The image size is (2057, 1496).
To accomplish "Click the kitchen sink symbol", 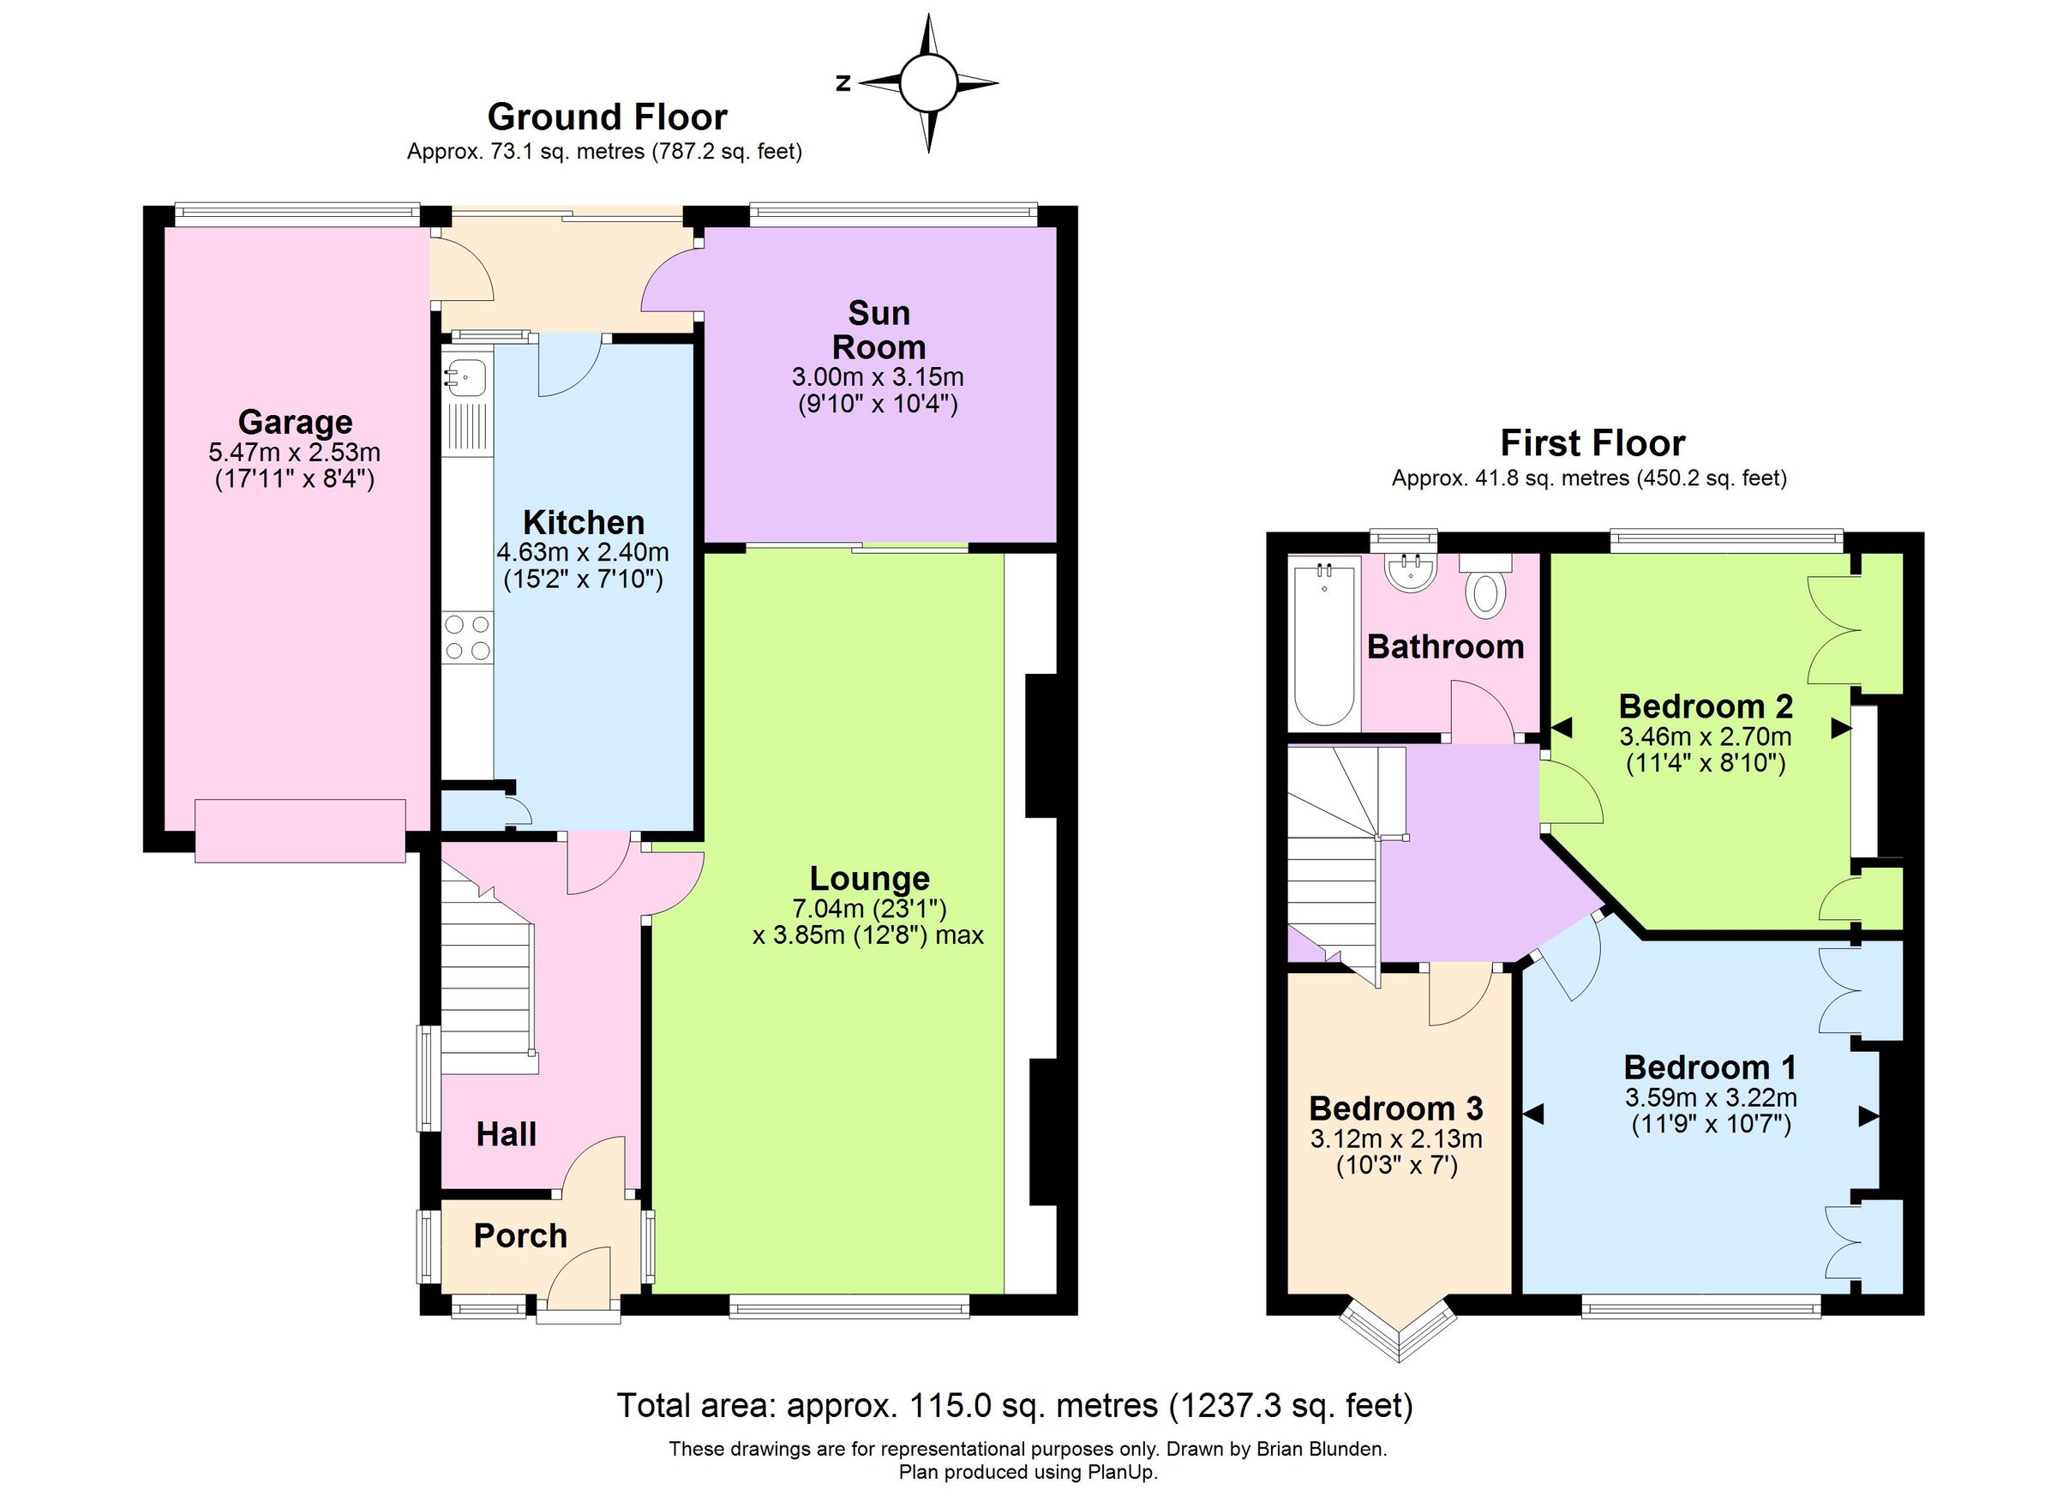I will [466, 375].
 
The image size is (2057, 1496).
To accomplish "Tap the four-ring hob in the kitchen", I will [467, 637].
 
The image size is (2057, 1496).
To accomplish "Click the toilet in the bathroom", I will [1485, 591].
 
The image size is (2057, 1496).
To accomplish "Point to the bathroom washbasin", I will [1411, 572].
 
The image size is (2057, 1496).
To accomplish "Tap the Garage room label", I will [295, 422].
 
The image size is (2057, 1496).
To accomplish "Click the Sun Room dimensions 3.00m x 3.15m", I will [877, 376].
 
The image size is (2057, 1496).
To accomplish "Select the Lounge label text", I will [869, 878].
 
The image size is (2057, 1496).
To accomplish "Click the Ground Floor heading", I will [607, 117].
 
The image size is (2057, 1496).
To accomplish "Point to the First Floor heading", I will [1592, 442].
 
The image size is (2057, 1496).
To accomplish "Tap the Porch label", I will [519, 1235].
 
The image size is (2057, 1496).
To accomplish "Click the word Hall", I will [506, 1134].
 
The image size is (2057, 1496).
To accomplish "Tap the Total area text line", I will [1014, 1405].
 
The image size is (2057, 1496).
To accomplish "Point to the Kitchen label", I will [583, 523].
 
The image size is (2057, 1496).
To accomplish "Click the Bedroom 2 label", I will [1705, 706].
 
